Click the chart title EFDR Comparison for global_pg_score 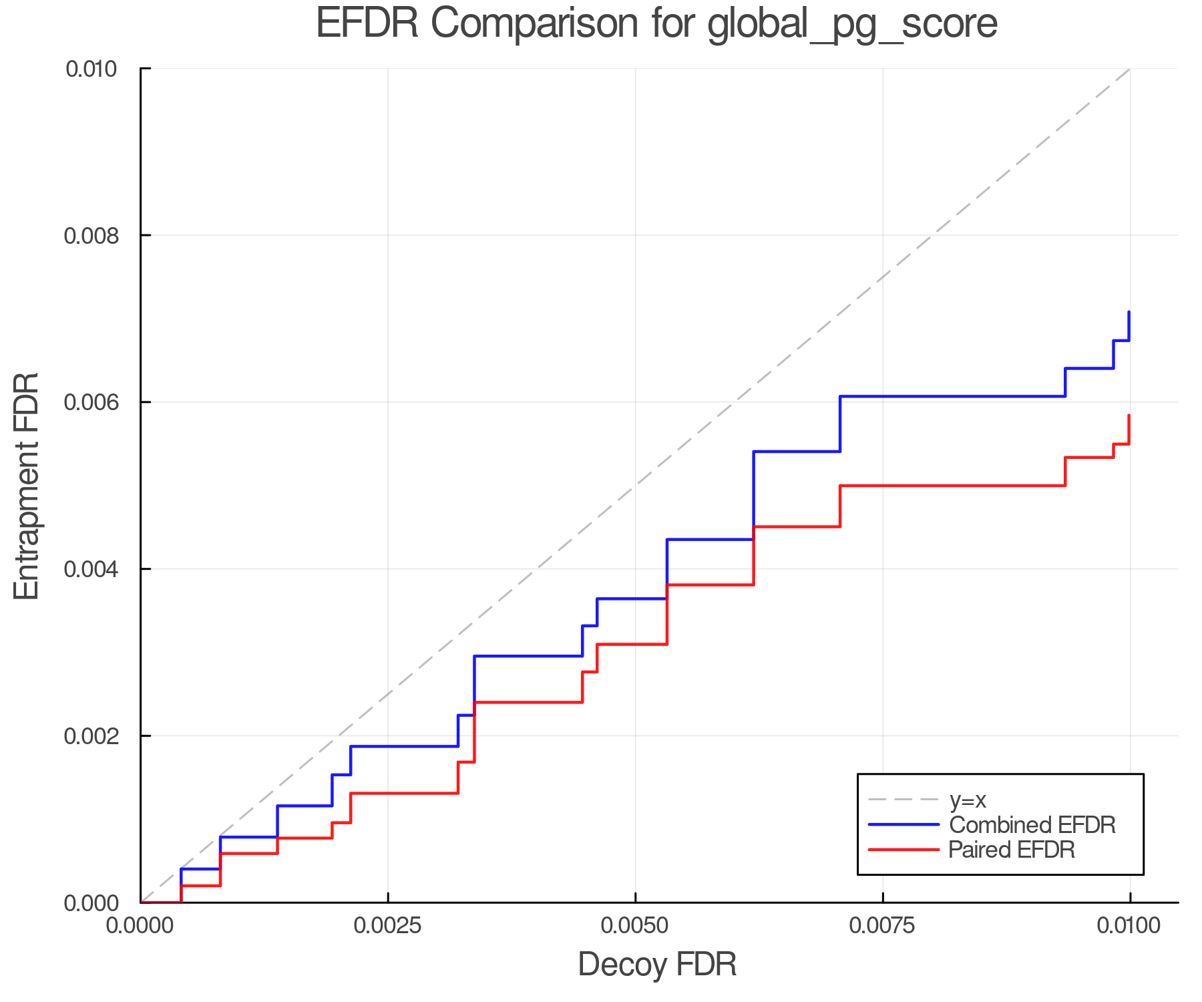tap(656, 23)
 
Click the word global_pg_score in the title tap(852, 23)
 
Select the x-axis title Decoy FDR tap(657, 965)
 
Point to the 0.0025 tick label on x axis tap(388, 926)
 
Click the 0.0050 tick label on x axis tap(635, 926)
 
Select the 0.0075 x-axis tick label tap(883, 926)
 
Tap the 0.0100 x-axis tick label tap(1130, 926)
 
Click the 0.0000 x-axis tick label tap(141, 926)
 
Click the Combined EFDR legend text tap(1032, 825)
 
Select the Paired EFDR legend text tap(1012, 850)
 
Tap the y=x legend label tap(968, 800)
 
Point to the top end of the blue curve tap(1129, 312)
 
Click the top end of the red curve tap(1129, 415)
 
